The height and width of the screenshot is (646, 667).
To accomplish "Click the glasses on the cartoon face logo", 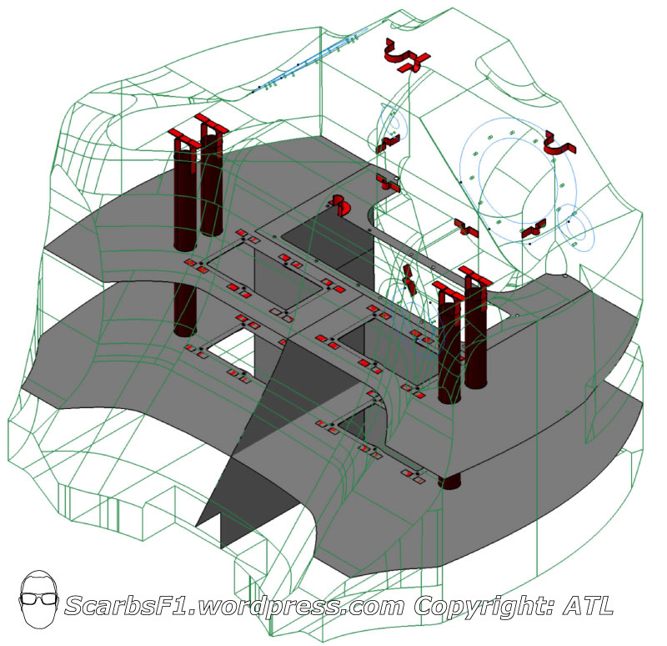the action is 38,598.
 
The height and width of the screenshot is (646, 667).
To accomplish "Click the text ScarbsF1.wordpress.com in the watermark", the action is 234,606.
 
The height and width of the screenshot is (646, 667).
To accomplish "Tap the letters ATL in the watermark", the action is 589,605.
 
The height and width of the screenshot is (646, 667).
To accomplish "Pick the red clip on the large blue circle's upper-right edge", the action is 559,144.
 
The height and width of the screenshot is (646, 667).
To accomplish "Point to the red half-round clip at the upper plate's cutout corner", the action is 340,204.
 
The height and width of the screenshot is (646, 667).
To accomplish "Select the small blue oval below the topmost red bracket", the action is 394,124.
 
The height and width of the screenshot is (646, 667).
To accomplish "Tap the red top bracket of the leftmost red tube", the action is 183,139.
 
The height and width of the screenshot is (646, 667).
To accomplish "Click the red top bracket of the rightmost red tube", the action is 474,275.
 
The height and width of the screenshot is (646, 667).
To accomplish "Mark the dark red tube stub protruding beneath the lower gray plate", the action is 449,482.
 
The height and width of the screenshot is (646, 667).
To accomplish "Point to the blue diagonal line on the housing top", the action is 311,59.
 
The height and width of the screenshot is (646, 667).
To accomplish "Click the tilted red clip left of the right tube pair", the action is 409,280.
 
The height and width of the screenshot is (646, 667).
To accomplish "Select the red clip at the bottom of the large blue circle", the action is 534,228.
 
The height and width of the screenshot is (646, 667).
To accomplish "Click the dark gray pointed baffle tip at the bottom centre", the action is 198,525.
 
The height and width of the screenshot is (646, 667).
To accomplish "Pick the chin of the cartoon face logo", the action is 38,625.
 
